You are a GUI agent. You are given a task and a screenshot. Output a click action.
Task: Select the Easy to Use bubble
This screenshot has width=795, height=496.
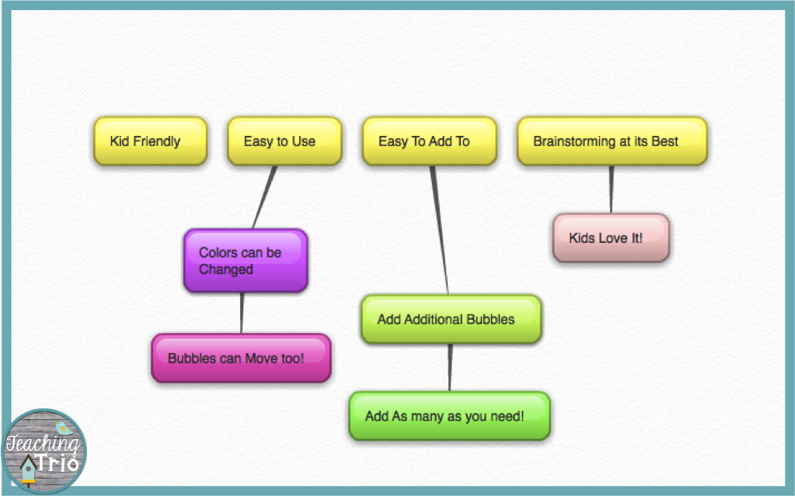284,141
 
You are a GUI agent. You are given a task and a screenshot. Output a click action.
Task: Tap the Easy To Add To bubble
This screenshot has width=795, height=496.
429,141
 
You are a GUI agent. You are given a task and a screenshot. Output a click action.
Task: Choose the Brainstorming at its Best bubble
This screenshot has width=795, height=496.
612,141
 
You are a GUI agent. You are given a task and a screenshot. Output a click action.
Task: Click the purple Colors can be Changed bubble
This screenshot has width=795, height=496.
246,261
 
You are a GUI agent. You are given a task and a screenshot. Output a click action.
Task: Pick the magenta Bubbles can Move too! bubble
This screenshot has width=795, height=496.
241,359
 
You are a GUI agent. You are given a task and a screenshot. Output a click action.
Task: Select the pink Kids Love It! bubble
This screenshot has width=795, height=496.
611,238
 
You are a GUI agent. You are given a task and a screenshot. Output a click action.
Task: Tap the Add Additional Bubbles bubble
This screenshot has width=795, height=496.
451,319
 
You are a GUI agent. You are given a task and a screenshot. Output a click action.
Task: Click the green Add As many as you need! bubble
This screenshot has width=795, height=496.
449,416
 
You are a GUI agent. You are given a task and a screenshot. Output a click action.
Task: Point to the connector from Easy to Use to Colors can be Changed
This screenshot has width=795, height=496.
265,197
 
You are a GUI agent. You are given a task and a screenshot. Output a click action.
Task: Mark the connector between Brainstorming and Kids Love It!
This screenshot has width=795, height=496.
611,189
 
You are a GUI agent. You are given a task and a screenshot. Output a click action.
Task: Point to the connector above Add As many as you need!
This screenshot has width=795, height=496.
449,368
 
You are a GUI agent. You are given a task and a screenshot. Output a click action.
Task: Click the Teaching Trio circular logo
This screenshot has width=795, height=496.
44,450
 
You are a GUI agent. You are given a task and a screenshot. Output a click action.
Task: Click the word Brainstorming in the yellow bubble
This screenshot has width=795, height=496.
569,141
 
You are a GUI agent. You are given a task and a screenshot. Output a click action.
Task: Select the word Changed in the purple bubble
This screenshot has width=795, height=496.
226,269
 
